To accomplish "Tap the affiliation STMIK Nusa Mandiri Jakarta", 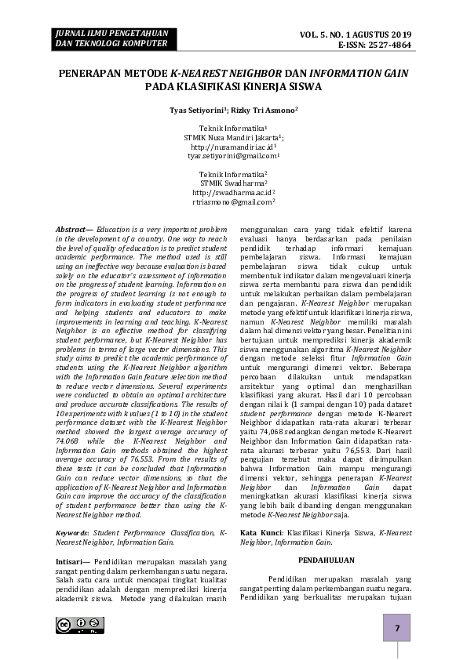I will coord(232,136).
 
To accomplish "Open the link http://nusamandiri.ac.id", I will coord(232,147).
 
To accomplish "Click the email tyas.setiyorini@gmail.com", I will coord(232,156).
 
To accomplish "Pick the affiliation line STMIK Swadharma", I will coord(232,183).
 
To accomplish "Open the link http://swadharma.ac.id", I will coord(232,192).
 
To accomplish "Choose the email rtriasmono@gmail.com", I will coord(232,201).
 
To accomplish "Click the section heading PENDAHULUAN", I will coord(327,560).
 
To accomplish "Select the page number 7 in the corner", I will coord(397,629).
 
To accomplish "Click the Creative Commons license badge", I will coord(80,625).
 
